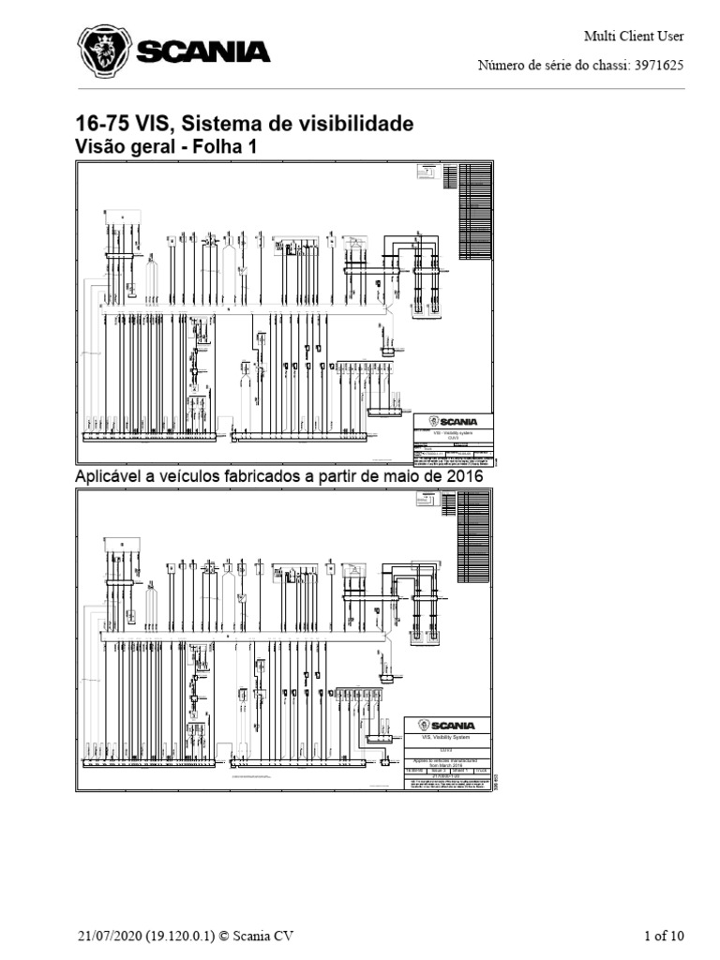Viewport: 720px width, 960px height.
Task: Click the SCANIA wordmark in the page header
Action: pyautogui.click(x=203, y=52)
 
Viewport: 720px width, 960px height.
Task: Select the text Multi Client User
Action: pyautogui.click(x=634, y=37)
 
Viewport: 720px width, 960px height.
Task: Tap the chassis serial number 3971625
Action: pyautogui.click(x=657, y=66)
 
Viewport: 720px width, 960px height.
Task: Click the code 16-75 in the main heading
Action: pyautogui.click(x=102, y=125)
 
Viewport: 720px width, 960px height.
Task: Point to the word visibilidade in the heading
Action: pyautogui.click(x=353, y=125)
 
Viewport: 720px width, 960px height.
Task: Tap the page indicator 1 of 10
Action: pyautogui.click(x=665, y=935)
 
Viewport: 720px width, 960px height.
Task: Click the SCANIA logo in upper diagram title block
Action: pyautogui.click(x=454, y=422)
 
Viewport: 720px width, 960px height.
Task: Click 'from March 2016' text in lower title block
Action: pyautogui.click(x=446, y=765)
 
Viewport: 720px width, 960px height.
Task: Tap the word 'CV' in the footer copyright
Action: pyautogui.click(x=288, y=935)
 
